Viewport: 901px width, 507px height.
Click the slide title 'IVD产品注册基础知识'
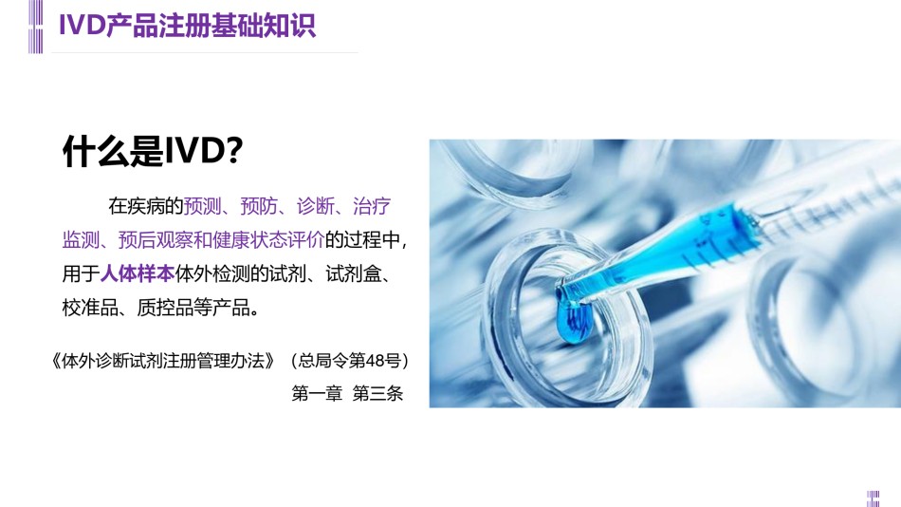pyautogui.click(x=188, y=26)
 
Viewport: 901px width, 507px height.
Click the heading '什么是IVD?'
pyautogui.click(x=153, y=151)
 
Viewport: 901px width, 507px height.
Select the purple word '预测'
pyautogui.click(x=202, y=206)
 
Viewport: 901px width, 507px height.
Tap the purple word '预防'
pyautogui.click(x=259, y=206)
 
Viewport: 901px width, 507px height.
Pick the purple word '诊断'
pyautogui.click(x=316, y=206)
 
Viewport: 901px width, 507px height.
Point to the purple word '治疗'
pyautogui.click(x=372, y=206)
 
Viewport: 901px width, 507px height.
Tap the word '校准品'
pyautogui.click(x=90, y=308)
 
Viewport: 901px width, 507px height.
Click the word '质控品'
pyautogui.click(x=165, y=308)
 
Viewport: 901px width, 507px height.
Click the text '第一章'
pyautogui.click(x=317, y=394)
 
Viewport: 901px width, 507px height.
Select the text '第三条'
pyautogui.click(x=377, y=394)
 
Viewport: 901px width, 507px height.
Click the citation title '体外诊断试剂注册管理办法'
pyautogui.click(x=163, y=361)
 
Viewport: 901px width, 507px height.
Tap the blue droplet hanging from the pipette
pyautogui.click(x=573, y=321)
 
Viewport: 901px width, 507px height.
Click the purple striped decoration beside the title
pyautogui.click(x=36, y=27)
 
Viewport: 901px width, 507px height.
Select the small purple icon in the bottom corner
pyautogui.click(x=873, y=498)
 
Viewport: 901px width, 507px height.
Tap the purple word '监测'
pyautogui.click(x=81, y=240)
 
